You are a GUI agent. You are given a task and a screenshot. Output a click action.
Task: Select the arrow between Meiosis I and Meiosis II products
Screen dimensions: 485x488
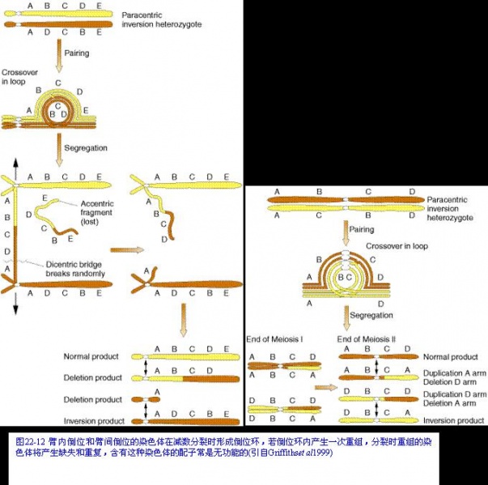(325, 388)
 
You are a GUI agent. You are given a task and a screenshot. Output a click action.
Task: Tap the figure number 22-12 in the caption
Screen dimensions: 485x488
(36, 442)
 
